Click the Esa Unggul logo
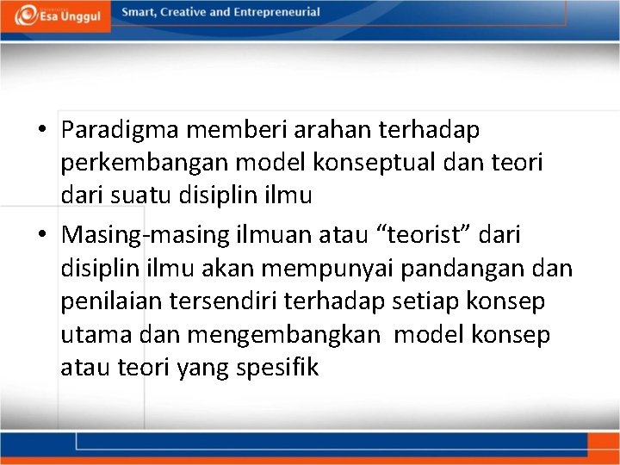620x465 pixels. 56,15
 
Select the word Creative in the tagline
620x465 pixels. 184,13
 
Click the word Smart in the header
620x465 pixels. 138,13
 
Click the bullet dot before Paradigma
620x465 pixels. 41,131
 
